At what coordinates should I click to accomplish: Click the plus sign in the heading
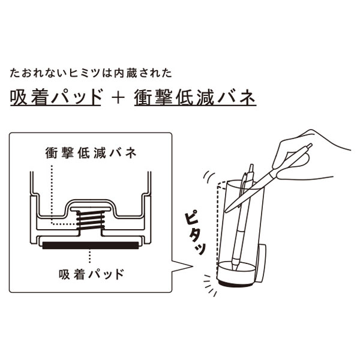118,98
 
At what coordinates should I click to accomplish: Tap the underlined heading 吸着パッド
56,98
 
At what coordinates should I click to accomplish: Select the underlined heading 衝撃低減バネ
195,98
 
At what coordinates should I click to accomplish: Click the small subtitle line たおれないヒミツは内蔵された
91,73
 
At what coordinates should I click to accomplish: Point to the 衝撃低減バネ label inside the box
91,153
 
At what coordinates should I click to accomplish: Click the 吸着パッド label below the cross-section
92,274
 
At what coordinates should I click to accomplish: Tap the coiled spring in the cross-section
91,221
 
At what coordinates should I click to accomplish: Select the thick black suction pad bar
91,245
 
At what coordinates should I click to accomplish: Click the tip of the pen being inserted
226,211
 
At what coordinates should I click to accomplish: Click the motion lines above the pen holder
208,177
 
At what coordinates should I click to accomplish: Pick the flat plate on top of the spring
91,209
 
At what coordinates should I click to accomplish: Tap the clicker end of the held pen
310,146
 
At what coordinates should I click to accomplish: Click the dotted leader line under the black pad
89,256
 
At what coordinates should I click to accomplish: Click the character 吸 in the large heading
17,98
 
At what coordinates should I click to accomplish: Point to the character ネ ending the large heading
248,98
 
